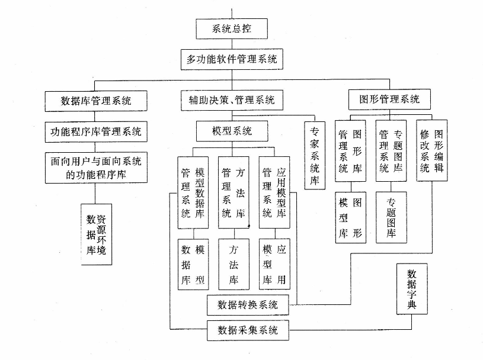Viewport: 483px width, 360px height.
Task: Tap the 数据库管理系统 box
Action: tap(96, 100)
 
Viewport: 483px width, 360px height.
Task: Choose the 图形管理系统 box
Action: tap(389, 99)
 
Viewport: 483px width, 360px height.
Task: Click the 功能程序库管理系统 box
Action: tap(96, 131)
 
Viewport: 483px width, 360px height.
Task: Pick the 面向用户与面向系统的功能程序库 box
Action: tap(96, 168)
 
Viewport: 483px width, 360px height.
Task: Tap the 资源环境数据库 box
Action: tap(96, 233)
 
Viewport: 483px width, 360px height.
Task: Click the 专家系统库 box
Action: tap(314, 155)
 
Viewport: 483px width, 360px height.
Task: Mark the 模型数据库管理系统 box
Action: tap(192, 192)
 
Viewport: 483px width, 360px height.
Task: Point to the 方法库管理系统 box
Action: tap(232, 192)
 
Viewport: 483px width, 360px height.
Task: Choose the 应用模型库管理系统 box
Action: tap(273, 192)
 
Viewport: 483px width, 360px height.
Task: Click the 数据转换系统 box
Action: tap(248, 306)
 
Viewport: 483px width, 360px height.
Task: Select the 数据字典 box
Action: tap(411, 290)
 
